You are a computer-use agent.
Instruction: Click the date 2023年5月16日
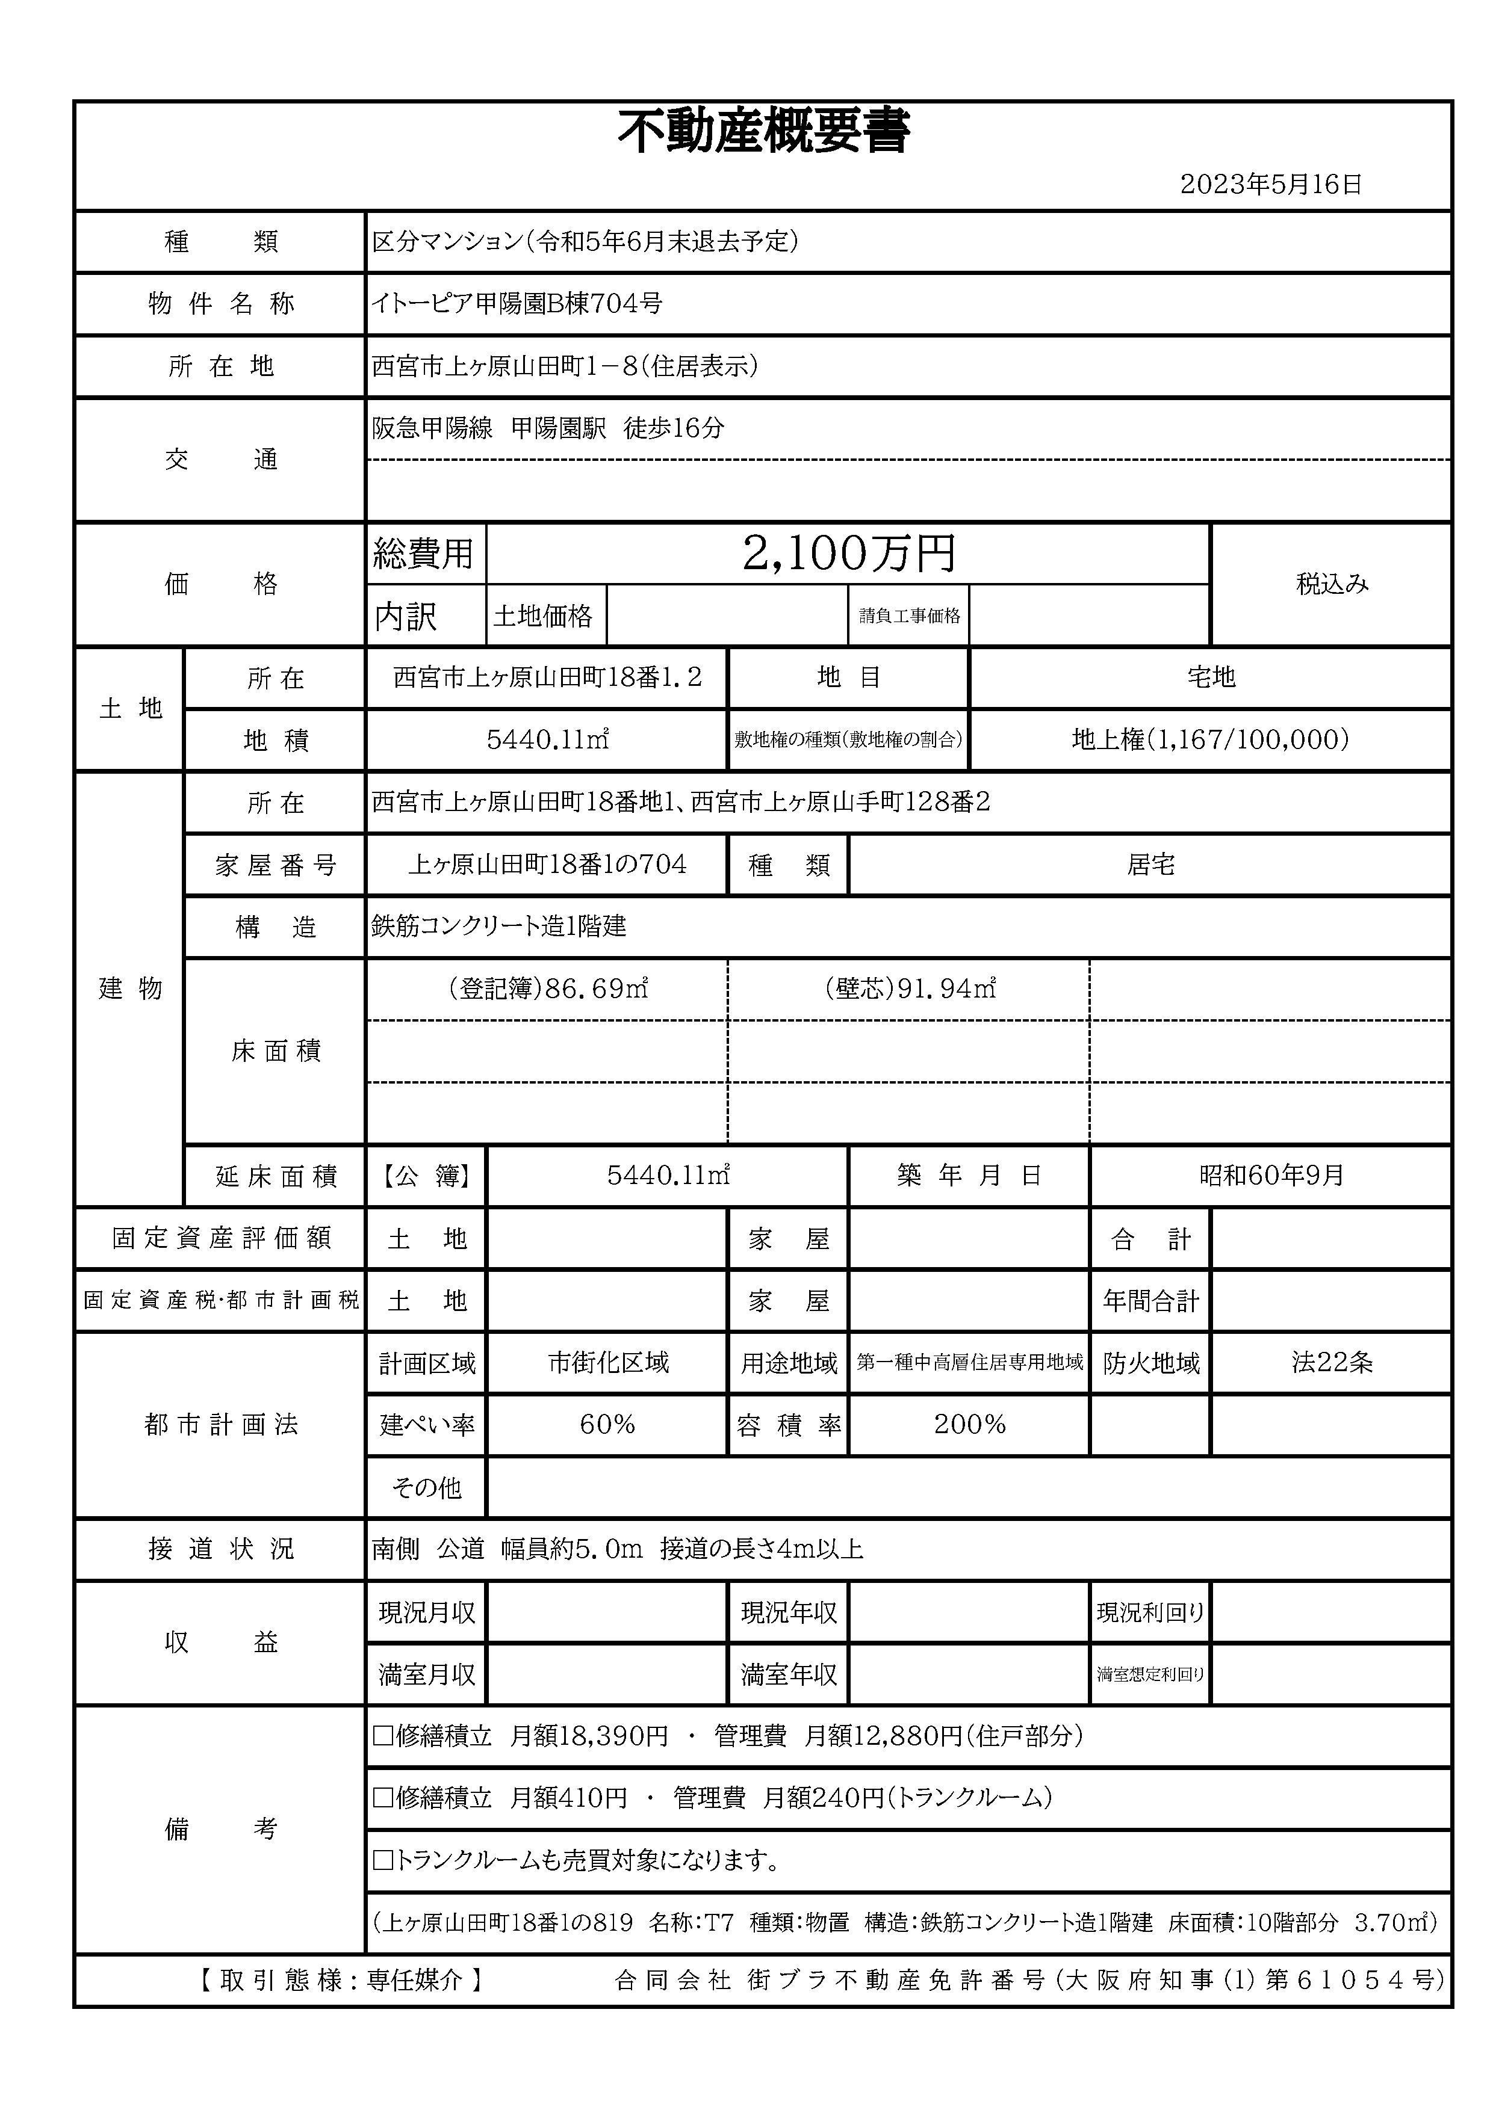(1270, 185)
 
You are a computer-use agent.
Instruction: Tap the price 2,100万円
(849, 554)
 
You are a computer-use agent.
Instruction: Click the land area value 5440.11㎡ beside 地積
(548, 740)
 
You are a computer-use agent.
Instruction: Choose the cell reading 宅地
(1210, 678)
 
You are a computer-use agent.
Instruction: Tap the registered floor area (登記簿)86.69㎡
(548, 989)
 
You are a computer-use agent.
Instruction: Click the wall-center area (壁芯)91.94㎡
(909, 989)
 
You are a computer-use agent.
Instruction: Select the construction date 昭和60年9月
(1270, 1176)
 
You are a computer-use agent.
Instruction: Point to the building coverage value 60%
(607, 1425)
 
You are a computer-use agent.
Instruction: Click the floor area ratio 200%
(969, 1425)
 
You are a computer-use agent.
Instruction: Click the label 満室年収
(789, 1674)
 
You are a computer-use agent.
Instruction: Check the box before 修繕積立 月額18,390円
(382, 1736)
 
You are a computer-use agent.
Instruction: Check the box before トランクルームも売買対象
(382, 1861)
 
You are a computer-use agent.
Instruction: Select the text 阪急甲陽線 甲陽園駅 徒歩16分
(548, 428)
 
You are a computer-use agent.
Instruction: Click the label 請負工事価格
(909, 615)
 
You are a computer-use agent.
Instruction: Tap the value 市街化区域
(607, 1362)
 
